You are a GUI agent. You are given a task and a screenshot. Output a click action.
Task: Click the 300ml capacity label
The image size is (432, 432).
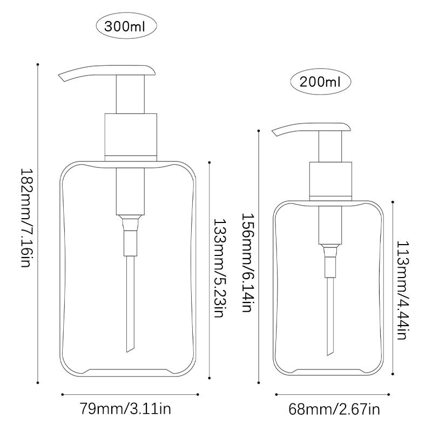[125, 26]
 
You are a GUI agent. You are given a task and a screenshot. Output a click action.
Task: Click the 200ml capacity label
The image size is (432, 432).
[320, 82]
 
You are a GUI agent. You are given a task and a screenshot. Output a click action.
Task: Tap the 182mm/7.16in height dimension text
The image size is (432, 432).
[26, 218]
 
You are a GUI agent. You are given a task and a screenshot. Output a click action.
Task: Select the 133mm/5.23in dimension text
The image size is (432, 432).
[220, 268]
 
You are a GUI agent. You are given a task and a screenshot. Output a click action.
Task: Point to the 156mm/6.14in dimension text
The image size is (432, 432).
[248, 262]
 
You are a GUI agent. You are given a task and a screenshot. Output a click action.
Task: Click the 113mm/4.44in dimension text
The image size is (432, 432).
[402, 291]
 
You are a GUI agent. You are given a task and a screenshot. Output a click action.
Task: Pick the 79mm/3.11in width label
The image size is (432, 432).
[125, 409]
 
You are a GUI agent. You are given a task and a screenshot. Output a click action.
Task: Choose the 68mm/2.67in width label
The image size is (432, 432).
[334, 409]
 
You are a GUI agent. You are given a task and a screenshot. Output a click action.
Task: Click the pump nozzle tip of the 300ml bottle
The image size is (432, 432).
[62, 78]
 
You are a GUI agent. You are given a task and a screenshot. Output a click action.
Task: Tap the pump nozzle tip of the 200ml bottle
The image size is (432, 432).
[275, 133]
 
